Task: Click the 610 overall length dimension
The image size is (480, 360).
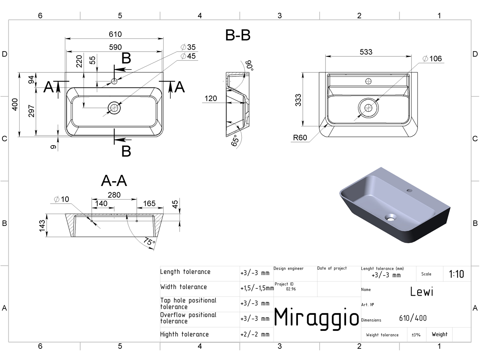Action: pyautogui.click(x=115, y=34)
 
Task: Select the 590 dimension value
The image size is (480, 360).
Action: pyautogui.click(x=115, y=47)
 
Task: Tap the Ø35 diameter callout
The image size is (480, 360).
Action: pyautogui.click(x=188, y=47)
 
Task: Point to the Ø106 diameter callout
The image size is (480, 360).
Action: pyautogui.click(x=432, y=58)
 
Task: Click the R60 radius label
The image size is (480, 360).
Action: pyautogui.click(x=300, y=138)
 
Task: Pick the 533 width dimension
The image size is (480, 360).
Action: pyautogui.click(x=366, y=52)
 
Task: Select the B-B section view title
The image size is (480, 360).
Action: pyautogui.click(x=238, y=35)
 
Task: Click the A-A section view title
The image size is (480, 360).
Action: pyautogui.click(x=114, y=181)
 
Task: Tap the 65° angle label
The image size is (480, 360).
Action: pyautogui.click(x=235, y=140)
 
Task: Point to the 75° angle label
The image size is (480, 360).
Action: pyautogui.click(x=149, y=242)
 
